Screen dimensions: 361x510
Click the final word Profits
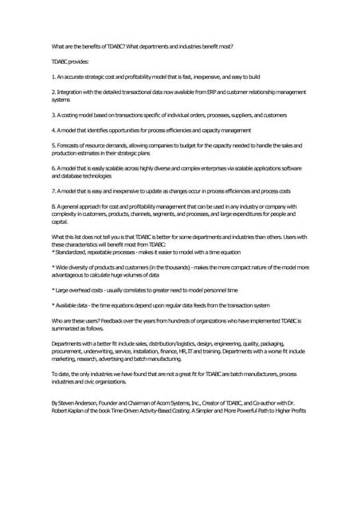[x=294, y=411]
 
